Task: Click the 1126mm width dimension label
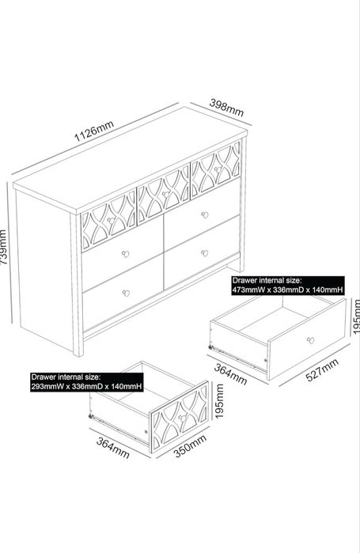click(x=94, y=131)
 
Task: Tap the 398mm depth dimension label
click(x=226, y=108)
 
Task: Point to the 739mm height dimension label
click(x=3, y=247)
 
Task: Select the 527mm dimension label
click(x=322, y=369)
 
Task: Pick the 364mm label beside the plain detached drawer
click(x=230, y=374)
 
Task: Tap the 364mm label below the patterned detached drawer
click(x=113, y=448)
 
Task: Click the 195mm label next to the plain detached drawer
click(x=356, y=316)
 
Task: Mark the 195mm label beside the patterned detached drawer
click(x=219, y=401)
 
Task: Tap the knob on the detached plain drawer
click(x=310, y=340)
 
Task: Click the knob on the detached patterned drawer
click(x=182, y=418)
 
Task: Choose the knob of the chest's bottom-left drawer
click(x=126, y=293)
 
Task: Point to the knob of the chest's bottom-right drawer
click(x=204, y=253)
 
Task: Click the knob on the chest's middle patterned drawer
click(x=165, y=194)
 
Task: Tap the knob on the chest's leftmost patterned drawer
click(x=111, y=221)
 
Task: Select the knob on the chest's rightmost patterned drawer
click(x=218, y=169)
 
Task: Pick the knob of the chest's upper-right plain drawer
click(x=204, y=214)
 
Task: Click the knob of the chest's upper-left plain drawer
click(x=125, y=254)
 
